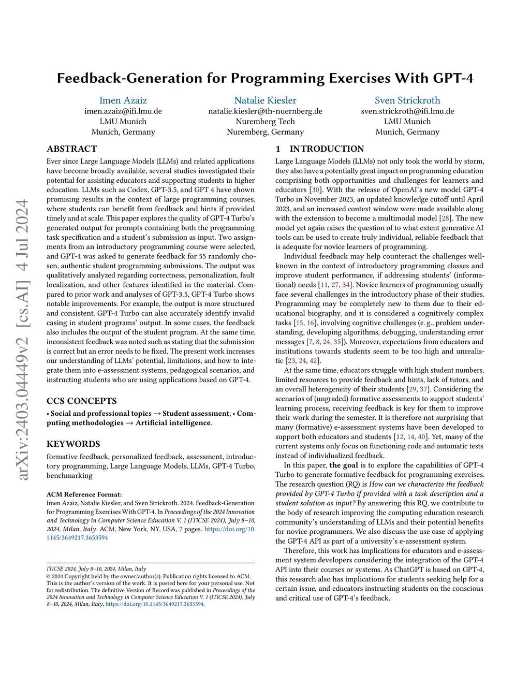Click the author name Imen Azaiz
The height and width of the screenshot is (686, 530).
coord(123,100)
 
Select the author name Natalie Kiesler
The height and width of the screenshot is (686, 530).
coord(265,100)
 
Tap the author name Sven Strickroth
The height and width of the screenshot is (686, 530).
coord(407,100)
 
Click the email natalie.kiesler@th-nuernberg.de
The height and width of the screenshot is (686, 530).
coord(265,111)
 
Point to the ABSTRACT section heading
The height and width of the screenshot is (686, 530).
coord(72,149)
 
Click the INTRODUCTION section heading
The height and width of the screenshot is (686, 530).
coord(327,149)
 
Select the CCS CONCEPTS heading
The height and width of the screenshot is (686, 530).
coord(82,401)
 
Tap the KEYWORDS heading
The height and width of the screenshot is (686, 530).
coord(73,444)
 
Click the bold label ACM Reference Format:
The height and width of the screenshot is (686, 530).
coord(84,494)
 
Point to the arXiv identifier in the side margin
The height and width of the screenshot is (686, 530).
coord(23,339)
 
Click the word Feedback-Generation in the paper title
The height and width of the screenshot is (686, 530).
coord(123,78)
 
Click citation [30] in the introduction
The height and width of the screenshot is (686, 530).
coord(315,190)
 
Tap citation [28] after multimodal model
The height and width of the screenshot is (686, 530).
coord(445,218)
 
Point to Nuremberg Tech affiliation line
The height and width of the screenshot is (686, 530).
coord(265,121)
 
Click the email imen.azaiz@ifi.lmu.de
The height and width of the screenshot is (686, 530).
coord(123,111)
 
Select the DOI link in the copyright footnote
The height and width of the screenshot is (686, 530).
coord(155,604)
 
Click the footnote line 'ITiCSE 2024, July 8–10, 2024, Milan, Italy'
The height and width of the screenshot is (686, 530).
coord(96,568)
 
